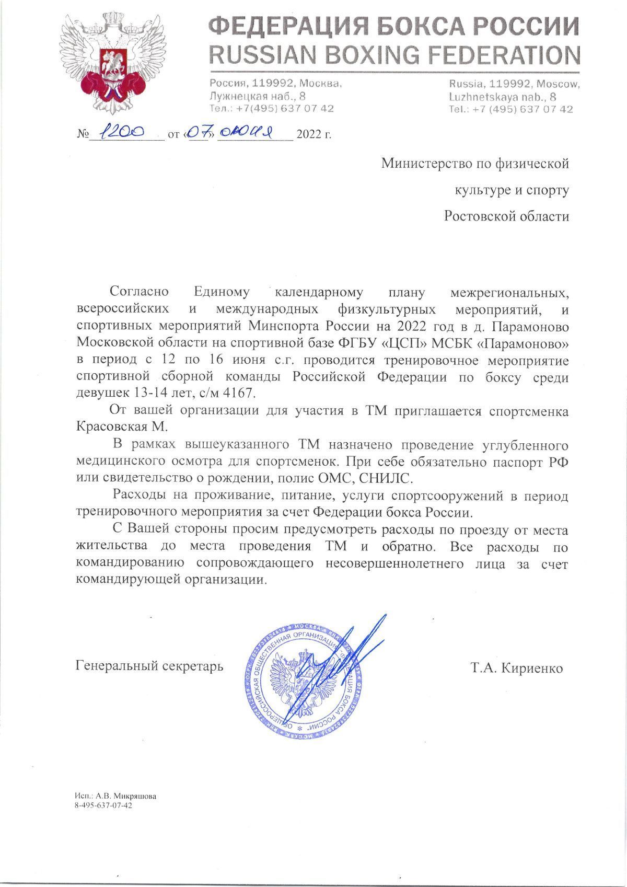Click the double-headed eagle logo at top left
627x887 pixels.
tap(108, 66)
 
